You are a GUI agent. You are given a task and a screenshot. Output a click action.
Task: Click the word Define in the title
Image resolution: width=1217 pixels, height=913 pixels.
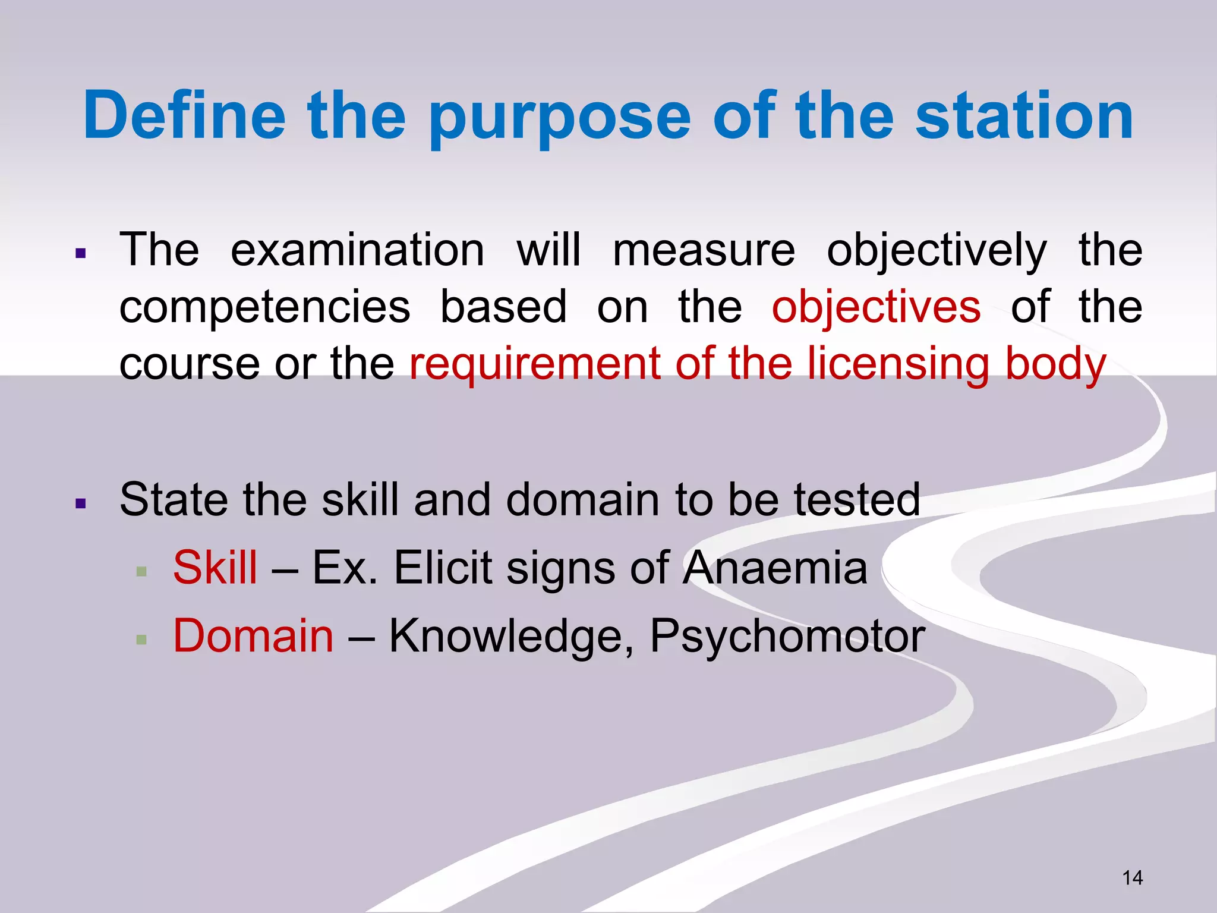click(184, 116)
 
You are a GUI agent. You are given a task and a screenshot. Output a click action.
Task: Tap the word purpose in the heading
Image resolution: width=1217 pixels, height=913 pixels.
click(559, 119)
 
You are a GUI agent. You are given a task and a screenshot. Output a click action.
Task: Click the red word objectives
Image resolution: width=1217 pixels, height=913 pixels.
click(876, 308)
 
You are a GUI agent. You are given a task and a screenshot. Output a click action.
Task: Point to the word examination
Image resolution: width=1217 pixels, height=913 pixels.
click(357, 251)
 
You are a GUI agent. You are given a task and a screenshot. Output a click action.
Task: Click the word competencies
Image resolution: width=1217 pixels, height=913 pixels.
click(264, 308)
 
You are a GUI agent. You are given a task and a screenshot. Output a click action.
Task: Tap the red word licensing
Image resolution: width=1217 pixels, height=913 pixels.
click(898, 364)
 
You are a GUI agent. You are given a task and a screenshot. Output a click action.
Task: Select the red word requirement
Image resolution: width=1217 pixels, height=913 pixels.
click(535, 364)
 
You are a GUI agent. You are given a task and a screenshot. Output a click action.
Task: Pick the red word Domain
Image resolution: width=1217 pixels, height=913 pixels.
click(253, 636)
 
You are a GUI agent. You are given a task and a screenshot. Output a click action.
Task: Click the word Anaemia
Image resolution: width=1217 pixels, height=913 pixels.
click(775, 568)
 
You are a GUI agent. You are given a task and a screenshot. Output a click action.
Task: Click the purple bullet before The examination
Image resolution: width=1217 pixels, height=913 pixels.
click(81, 254)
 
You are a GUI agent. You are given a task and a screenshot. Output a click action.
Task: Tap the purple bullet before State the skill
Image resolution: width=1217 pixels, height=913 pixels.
click(81, 505)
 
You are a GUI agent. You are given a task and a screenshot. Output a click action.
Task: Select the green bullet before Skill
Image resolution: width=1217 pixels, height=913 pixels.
click(141, 572)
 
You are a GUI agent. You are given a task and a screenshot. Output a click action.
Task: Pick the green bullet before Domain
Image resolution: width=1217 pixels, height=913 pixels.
click(141, 640)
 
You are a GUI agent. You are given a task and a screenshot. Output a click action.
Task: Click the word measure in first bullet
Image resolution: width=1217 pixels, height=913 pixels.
click(704, 251)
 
